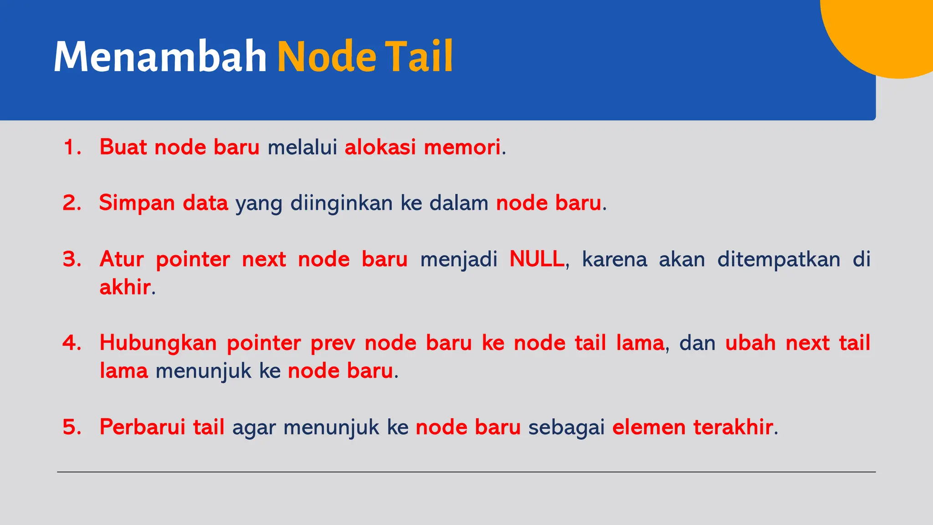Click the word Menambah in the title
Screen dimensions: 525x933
click(x=160, y=57)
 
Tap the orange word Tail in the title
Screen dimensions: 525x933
click(x=419, y=57)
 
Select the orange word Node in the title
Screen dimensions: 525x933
click(x=327, y=57)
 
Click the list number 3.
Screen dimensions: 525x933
click(x=72, y=259)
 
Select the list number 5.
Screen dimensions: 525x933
click(x=72, y=427)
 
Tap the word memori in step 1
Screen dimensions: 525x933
click(x=462, y=147)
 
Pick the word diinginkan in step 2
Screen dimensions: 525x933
click(x=341, y=203)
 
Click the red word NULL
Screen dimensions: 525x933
click(x=537, y=259)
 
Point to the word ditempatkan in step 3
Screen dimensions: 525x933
click(x=779, y=259)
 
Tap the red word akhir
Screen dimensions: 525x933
click(x=125, y=287)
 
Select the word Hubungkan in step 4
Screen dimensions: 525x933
click(x=158, y=343)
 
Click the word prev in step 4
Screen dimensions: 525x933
click(x=333, y=343)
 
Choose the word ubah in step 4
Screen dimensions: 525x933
click(x=750, y=343)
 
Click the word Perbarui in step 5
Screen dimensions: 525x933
click(x=142, y=427)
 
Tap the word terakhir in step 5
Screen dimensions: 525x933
click(x=733, y=427)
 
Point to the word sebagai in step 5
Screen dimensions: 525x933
click(x=566, y=427)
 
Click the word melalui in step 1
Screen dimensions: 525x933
click(x=302, y=147)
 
